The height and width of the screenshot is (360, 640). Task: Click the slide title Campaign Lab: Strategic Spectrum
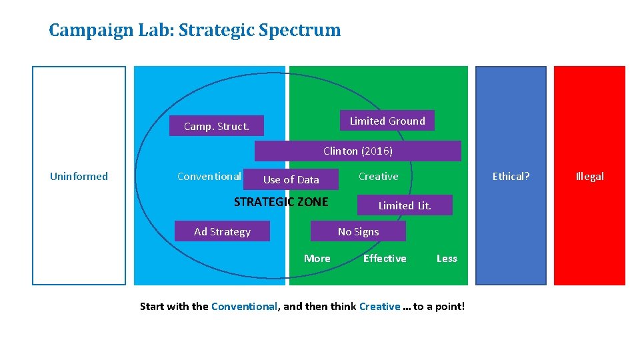tap(195, 30)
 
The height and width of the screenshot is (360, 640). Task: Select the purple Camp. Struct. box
tap(216, 126)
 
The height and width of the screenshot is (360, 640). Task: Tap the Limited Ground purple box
tap(387, 121)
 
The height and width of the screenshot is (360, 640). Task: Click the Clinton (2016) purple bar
tap(358, 151)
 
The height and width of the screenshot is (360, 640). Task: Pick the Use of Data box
tap(291, 179)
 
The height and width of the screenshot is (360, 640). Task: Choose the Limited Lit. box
tap(405, 205)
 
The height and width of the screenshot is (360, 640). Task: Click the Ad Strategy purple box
tap(222, 231)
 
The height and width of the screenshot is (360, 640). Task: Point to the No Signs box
tap(358, 231)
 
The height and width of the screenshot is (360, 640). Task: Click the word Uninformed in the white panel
tap(79, 176)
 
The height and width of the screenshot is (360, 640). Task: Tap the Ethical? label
tap(511, 176)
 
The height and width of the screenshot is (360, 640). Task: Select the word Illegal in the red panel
tap(589, 176)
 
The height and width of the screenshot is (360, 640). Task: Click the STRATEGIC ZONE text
tap(281, 201)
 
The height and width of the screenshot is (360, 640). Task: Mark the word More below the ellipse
tap(317, 258)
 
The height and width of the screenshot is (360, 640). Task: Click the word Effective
tap(385, 258)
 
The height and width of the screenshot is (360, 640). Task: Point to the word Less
tap(447, 258)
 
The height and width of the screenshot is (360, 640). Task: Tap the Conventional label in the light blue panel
tap(209, 176)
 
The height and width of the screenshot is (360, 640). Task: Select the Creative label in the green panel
tap(378, 176)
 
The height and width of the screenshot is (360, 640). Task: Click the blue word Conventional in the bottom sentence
tap(244, 307)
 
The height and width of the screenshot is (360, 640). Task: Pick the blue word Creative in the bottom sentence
tap(379, 307)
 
